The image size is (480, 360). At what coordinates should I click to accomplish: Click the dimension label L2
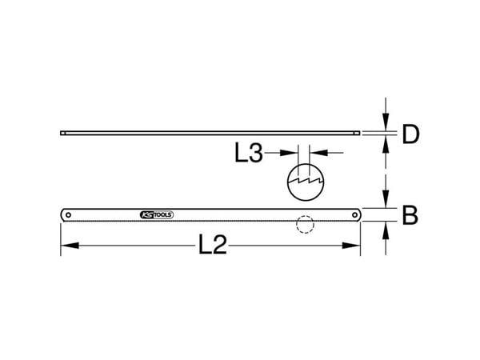(213, 245)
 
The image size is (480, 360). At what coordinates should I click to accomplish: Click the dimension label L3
(249, 153)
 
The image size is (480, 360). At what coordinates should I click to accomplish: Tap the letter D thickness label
(410, 134)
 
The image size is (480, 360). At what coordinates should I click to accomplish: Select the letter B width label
(410, 215)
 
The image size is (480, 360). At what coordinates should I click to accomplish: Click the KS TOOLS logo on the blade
(157, 215)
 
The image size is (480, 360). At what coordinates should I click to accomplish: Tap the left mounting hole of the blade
(68, 215)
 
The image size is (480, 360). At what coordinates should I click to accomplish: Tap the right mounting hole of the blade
(354, 215)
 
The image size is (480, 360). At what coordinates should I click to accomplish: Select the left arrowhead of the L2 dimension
(70, 246)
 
